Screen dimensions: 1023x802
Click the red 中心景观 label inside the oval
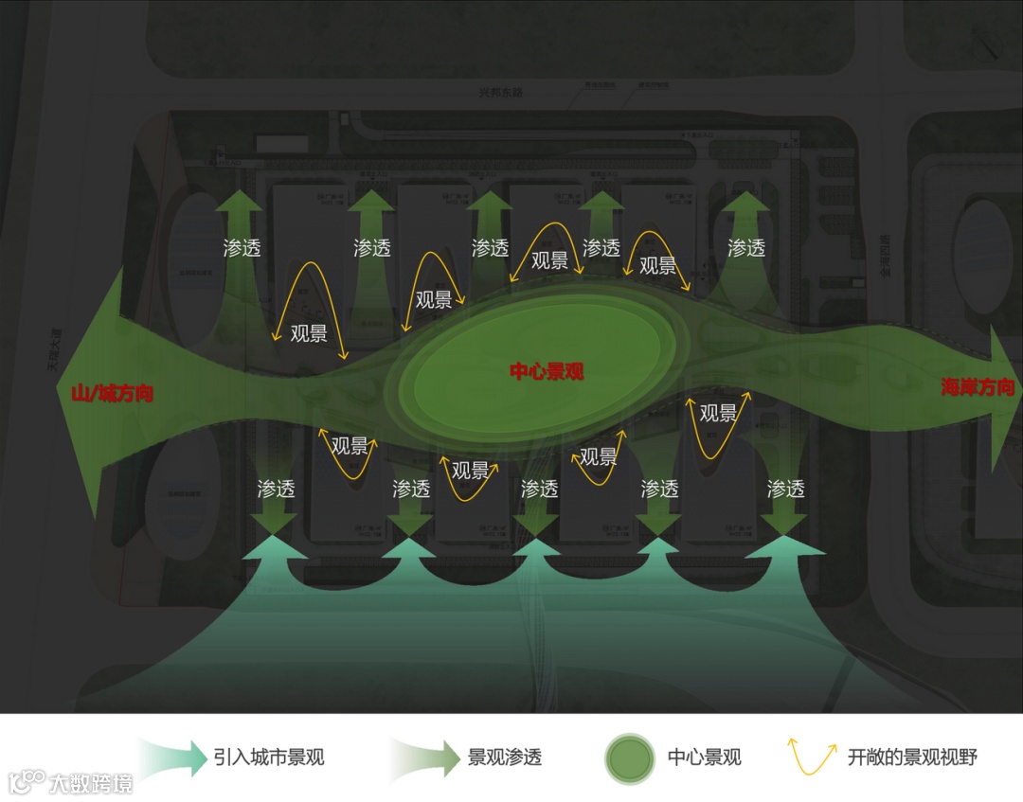click(547, 371)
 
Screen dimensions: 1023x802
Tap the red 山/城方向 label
click(112, 393)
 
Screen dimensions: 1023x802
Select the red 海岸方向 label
click(978, 386)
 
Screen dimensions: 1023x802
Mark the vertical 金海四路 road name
click(884, 255)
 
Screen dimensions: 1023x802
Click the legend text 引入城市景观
click(269, 757)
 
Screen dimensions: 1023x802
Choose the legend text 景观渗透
click(505, 757)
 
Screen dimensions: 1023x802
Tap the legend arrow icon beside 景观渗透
click(423, 757)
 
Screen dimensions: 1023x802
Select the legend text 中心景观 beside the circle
click(704, 757)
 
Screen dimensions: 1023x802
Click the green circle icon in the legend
click(630, 757)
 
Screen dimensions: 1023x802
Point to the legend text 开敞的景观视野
click(912, 757)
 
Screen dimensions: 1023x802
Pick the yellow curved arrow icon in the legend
click(813, 757)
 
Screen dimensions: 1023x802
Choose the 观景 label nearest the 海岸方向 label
click(718, 413)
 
